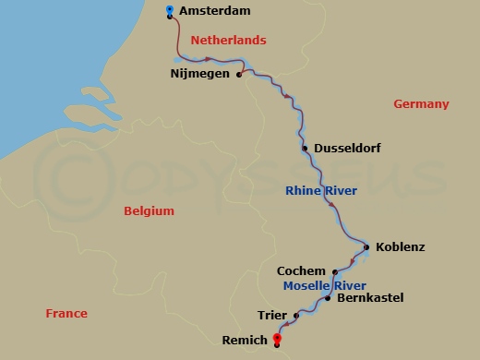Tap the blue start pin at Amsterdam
[170, 10]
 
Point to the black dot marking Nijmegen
[239, 75]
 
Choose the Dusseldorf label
[347, 148]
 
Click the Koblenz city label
[402, 247]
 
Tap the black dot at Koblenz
[366, 247]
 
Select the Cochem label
[301, 271]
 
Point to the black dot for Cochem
[332, 271]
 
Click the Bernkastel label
[370, 298]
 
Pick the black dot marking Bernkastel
[329, 298]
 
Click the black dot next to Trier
[296, 316]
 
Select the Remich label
[245, 342]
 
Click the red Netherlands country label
[228, 41]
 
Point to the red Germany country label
[421, 104]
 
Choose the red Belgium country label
[149, 211]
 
